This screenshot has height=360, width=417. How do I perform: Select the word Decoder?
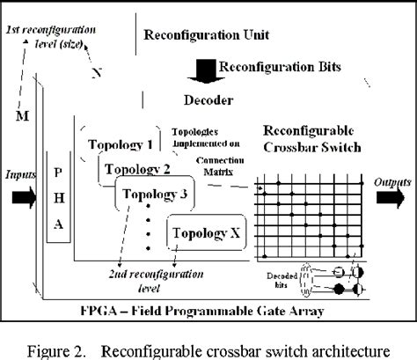point(208,100)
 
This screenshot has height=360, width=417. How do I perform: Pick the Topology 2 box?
point(135,168)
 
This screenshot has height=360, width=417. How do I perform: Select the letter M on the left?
point(23,115)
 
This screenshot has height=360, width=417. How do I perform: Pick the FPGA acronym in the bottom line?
point(100,311)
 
